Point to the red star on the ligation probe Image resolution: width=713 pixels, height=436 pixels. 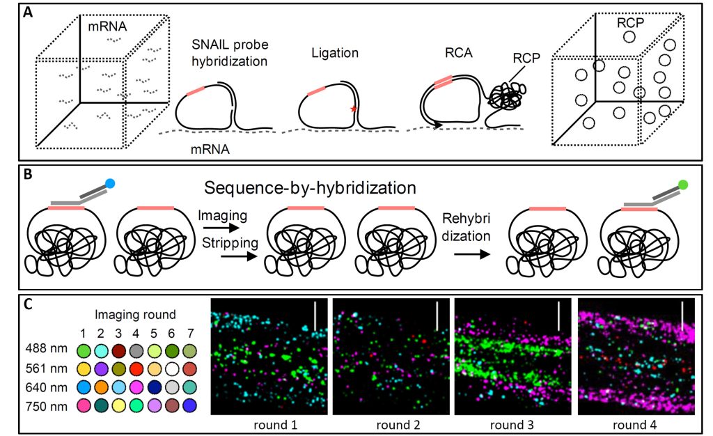356,109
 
